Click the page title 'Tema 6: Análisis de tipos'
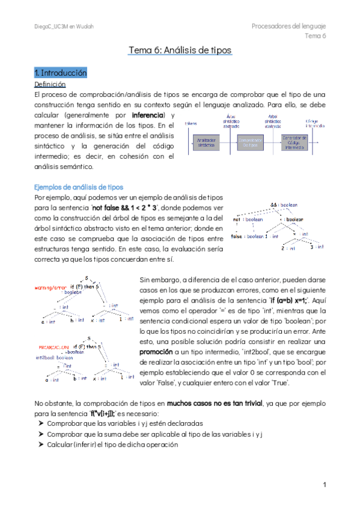(180, 51)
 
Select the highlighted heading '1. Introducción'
(61, 73)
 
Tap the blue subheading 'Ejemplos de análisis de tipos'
(79, 187)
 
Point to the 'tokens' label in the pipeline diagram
(191, 123)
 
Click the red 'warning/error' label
(52, 287)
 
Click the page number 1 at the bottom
(324, 485)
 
